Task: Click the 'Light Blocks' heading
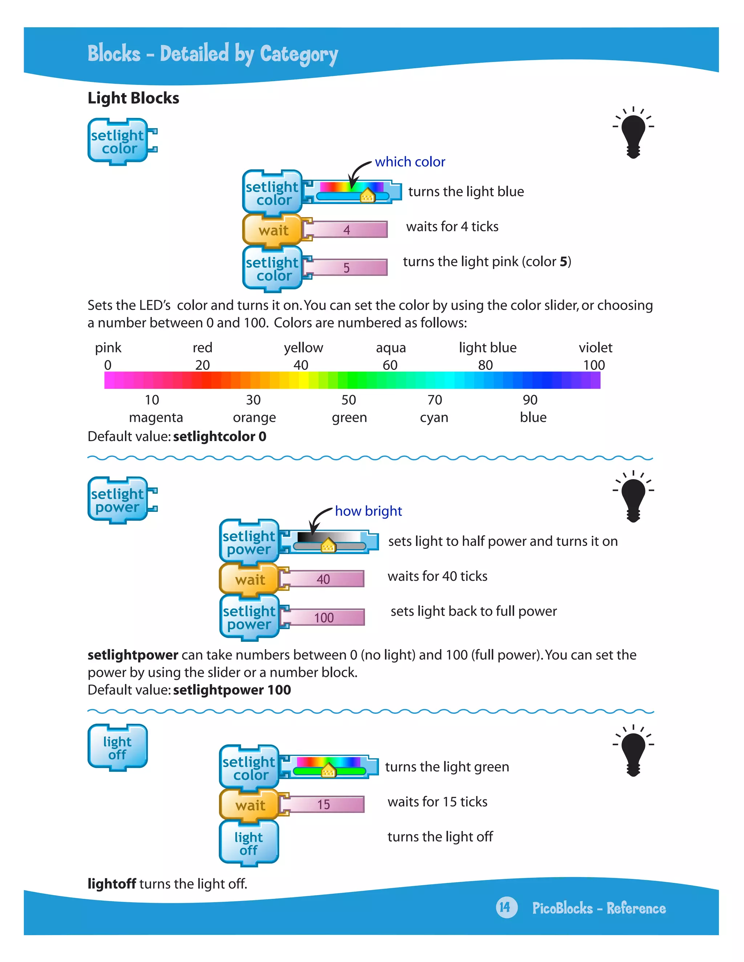(133, 98)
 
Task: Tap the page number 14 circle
(506, 908)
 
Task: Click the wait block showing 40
(250, 579)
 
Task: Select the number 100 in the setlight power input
(324, 617)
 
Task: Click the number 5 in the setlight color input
(347, 268)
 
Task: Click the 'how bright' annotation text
(368, 511)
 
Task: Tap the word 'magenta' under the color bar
(155, 417)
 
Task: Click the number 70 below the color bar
(434, 400)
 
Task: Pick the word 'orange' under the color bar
(254, 417)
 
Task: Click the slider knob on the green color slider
(328, 771)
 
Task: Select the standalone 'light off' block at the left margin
(118, 748)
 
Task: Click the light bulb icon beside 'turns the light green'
(633, 751)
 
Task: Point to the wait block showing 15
(250, 805)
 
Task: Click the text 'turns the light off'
(440, 836)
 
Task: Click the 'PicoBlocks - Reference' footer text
(599, 908)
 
